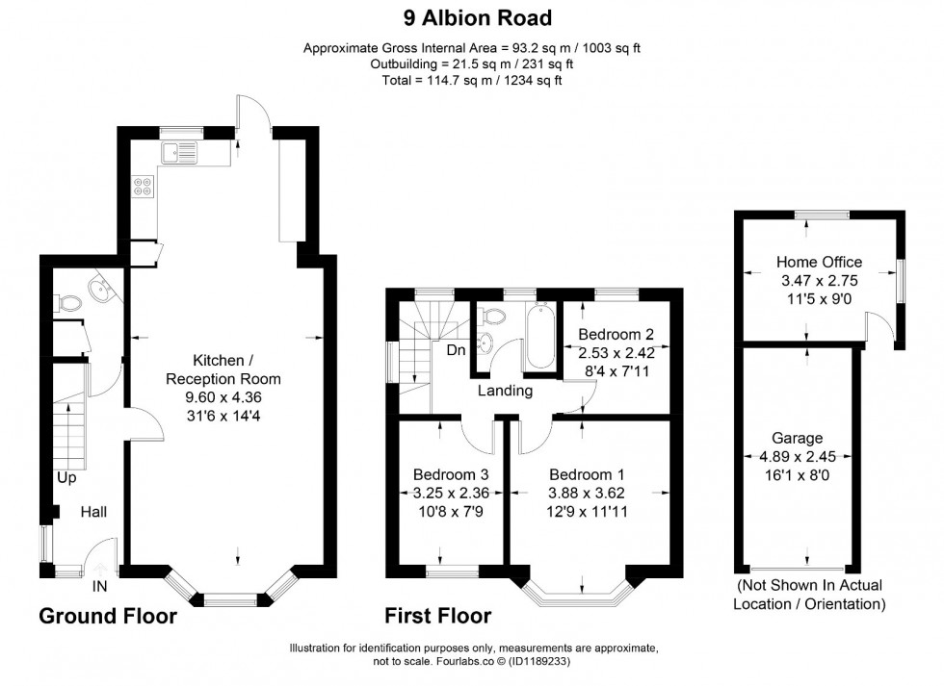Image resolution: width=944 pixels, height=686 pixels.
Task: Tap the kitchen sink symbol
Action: coord(179,151)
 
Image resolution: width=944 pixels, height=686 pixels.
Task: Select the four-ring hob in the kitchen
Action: coord(144,185)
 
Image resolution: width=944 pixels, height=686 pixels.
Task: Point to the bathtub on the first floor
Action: coord(541,337)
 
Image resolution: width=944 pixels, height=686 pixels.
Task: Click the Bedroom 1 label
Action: coord(587,474)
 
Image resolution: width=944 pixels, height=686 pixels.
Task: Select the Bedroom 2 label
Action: coord(616,334)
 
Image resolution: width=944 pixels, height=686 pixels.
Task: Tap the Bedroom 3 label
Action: coord(451,474)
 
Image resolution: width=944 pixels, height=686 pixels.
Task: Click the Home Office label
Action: coord(819,262)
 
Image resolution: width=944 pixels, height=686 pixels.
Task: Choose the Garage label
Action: coord(803,438)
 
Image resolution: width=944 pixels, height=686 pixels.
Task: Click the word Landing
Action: coord(505,391)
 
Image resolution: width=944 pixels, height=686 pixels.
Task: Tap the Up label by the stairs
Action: coord(66,477)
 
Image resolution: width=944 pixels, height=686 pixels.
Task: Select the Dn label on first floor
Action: coord(456,350)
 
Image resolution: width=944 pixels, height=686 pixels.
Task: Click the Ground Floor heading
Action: coord(108,616)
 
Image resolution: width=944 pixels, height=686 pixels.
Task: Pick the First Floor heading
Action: coord(438,616)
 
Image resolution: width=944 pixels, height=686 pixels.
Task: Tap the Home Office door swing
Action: coord(878,331)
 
